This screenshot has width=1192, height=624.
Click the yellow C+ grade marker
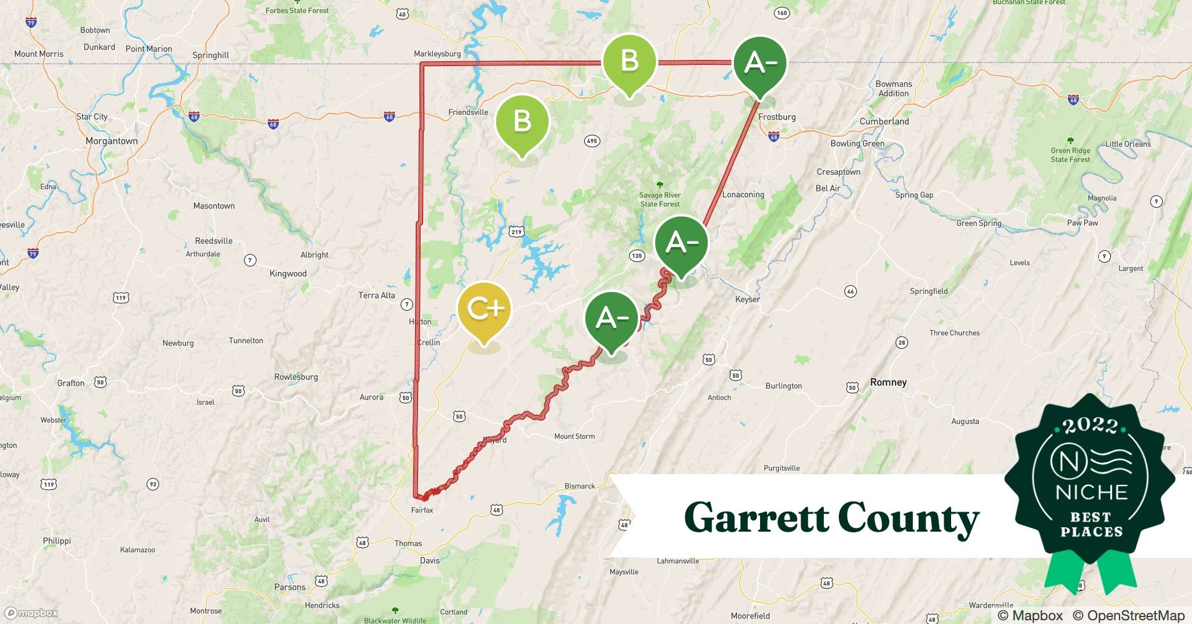coord(484,308)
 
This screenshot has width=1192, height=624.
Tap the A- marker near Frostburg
coord(760,63)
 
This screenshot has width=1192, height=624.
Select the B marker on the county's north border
coord(629,61)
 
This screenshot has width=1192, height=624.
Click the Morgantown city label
coord(112,141)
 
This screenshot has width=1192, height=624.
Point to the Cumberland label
coord(884,121)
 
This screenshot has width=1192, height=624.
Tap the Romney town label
coord(888,382)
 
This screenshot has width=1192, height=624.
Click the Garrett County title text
coord(831,518)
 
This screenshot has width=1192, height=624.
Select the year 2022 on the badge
coord(1091,426)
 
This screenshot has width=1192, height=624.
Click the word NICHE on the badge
coord(1092,492)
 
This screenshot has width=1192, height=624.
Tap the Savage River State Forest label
coord(660,199)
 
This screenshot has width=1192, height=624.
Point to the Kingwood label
coord(288,273)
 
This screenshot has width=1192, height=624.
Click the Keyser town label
coord(747,299)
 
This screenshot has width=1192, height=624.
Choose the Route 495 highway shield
coord(592,140)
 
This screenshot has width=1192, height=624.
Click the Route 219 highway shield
coord(516,232)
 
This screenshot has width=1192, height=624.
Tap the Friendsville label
coord(468,112)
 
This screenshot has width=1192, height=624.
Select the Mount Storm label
coord(574,436)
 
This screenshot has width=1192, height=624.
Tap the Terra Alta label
coord(376,295)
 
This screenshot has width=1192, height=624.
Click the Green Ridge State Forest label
coord(1070,155)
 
